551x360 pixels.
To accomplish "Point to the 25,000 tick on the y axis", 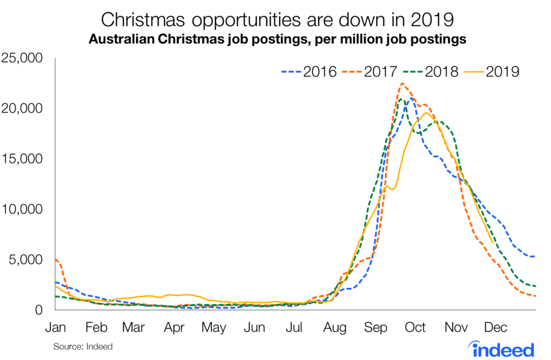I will [x=26, y=58].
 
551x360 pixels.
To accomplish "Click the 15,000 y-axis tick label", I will [x=26, y=159].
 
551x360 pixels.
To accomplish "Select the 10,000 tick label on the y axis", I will [x=26, y=209].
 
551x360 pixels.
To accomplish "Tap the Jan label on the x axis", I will [x=55, y=327].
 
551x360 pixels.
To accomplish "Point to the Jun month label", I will [x=255, y=327].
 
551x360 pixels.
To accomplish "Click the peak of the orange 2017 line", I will [x=402, y=83].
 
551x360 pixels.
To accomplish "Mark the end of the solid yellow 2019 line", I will [x=493, y=243].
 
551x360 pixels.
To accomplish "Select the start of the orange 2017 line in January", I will [x=56, y=259].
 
